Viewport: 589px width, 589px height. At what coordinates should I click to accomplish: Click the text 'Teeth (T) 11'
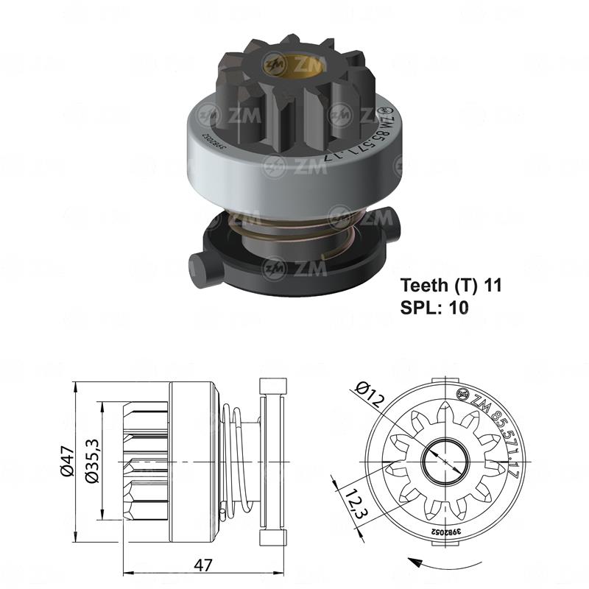pyautogui.click(x=450, y=285)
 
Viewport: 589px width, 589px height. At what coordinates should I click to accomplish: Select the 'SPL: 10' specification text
pyautogui.click(x=434, y=307)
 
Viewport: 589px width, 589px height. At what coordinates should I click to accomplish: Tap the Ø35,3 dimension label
pyautogui.click(x=92, y=461)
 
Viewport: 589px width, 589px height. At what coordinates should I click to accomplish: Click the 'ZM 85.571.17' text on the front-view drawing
pyautogui.click(x=501, y=434)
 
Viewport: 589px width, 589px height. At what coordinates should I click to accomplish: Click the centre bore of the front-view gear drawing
pyautogui.click(x=447, y=459)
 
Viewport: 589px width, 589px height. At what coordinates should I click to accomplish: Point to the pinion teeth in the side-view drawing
pyautogui.click(x=144, y=460)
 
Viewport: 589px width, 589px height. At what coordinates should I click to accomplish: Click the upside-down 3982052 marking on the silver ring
pyautogui.click(x=221, y=141)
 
